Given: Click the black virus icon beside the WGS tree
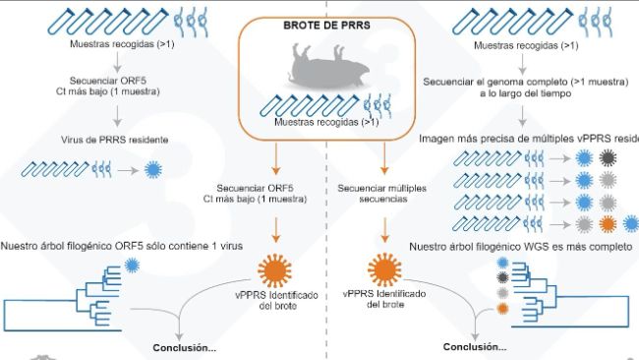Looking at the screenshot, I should (503, 278).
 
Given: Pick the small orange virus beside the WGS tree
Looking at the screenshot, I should (503, 310).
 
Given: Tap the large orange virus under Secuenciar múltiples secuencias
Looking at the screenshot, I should (382, 268).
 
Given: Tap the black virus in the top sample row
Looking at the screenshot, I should (609, 158).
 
